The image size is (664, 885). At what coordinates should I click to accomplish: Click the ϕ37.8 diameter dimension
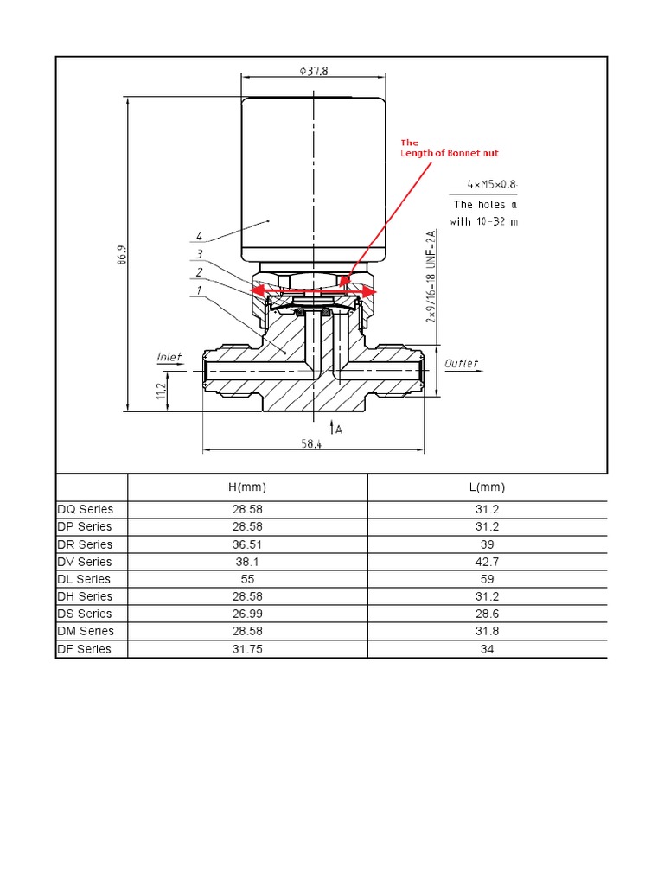tap(314, 72)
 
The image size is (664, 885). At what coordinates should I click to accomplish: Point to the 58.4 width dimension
tap(311, 443)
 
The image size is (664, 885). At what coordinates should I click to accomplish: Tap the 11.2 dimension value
tap(159, 392)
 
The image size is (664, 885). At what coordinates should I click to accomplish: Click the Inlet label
tap(169, 357)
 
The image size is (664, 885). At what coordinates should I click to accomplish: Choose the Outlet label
tap(461, 364)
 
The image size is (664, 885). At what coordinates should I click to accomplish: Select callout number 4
tap(199, 235)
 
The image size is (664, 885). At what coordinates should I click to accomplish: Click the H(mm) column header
tap(246, 487)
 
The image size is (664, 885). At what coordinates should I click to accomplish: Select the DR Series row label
tap(84, 544)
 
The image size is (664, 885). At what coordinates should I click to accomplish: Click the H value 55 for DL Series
tap(246, 579)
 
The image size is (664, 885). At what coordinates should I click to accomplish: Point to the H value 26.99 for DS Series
tap(246, 614)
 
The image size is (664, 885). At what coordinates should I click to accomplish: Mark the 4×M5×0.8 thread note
tap(490, 184)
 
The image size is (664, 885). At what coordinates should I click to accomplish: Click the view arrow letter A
tap(339, 428)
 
